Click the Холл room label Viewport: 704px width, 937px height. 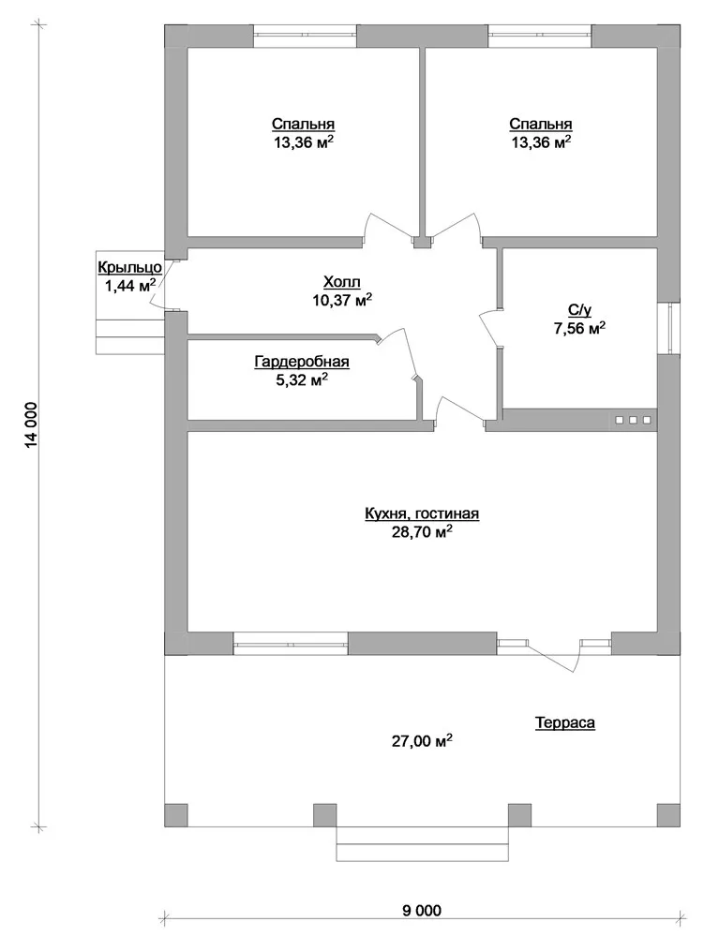[342, 281]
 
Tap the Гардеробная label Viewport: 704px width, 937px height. [302, 362]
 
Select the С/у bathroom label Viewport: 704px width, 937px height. [579, 309]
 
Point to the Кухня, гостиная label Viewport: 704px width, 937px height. [422, 513]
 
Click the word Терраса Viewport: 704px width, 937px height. [564, 723]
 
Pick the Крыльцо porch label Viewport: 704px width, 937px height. [129, 268]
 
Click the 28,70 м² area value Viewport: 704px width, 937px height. [421, 532]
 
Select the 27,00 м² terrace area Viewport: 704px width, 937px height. [421, 741]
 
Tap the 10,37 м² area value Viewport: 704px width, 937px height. [342, 300]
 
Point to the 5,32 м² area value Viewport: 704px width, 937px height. [302, 379]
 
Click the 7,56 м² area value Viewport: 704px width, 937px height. [579, 328]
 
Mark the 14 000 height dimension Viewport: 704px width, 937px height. [32, 424]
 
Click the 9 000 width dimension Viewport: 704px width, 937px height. [421, 911]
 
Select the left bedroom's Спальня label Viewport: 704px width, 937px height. [303, 125]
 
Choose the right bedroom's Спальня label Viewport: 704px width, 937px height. [541, 125]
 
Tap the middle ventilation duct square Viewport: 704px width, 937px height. [633, 420]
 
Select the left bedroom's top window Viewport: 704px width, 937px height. [306, 36]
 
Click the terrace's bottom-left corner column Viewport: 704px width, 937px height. [175, 815]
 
